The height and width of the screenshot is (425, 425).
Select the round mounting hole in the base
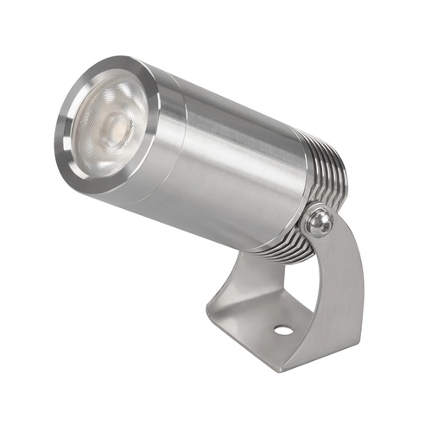[x=282, y=329]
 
